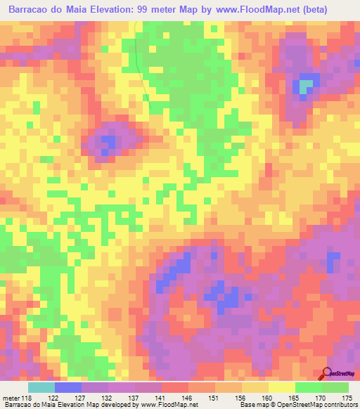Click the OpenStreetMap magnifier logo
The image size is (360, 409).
click(x=326, y=373)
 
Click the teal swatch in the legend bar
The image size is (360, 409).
click(x=41, y=387)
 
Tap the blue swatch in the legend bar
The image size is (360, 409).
click(x=68, y=387)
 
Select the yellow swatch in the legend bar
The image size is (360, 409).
click(x=282, y=387)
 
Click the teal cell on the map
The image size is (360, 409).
click(x=306, y=86)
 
